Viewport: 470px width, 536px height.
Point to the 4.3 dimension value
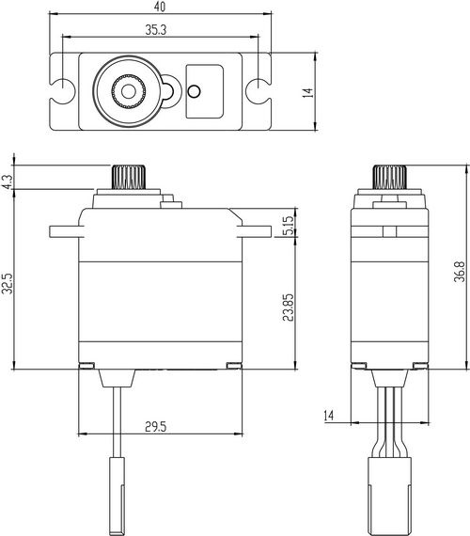click(x=8, y=181)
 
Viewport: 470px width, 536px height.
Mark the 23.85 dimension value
click(x=287, y=306)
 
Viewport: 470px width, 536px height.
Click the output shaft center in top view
click(x=126, y=91)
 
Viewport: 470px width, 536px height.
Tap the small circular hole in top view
click(x=196, y=91)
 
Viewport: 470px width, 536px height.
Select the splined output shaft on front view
click(x=125, y=176)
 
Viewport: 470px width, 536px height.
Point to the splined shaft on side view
click(x=387, y=177)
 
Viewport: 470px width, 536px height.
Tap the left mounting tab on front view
click(x=63, y=230)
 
